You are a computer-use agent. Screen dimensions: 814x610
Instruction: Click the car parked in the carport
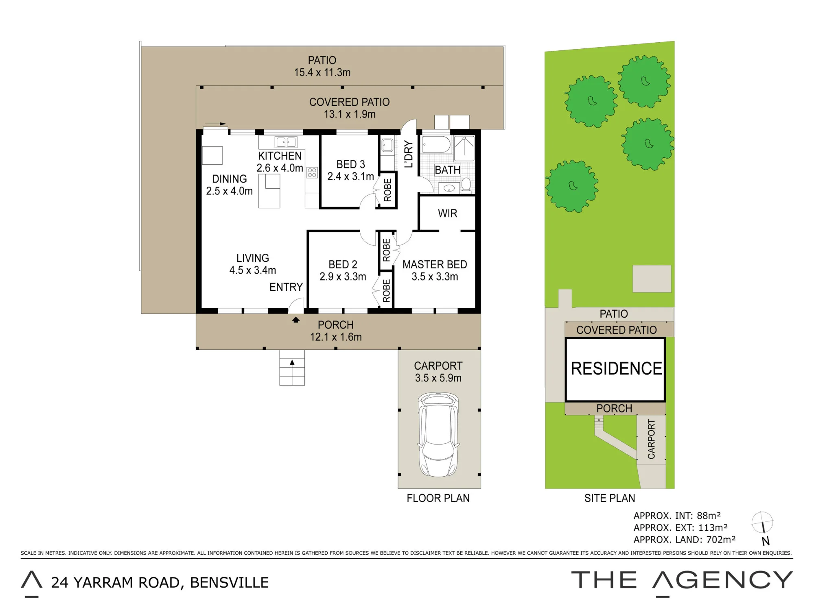pos(438,435)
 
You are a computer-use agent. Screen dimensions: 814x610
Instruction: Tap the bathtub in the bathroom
pos(436,144)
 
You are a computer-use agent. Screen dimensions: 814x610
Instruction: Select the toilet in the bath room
pos(466,185)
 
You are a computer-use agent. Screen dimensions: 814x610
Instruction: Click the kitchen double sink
pos(286,142)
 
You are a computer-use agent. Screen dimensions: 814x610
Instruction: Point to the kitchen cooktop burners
pos(312,172)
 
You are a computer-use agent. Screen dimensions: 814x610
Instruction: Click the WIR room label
pos(447,213)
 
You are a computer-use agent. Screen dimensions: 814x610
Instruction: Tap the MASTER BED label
pos(435,264)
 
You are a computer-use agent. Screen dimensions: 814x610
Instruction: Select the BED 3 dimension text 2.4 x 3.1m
pos(350,176)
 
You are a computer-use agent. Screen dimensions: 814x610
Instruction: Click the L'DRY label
pos(409,155)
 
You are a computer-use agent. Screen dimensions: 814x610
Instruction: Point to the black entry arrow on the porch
pos(296,320)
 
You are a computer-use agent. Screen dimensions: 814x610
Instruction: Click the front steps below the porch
pos(292,368)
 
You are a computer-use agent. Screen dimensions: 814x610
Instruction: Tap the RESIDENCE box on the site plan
pos(615,369)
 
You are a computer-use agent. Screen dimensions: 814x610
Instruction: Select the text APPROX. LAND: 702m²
pos(685,540)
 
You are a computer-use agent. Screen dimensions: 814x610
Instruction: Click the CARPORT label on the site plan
pos(651,439)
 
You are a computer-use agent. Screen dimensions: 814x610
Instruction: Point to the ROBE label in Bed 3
pos(387,190)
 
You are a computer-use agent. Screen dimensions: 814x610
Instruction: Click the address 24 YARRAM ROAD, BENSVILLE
pos(160,583)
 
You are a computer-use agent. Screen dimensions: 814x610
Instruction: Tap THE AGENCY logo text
pos(682,580)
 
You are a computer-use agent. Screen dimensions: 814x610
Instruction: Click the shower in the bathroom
pos(464,148)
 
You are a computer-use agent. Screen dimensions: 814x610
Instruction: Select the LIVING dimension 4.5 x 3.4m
pos(252,270)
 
